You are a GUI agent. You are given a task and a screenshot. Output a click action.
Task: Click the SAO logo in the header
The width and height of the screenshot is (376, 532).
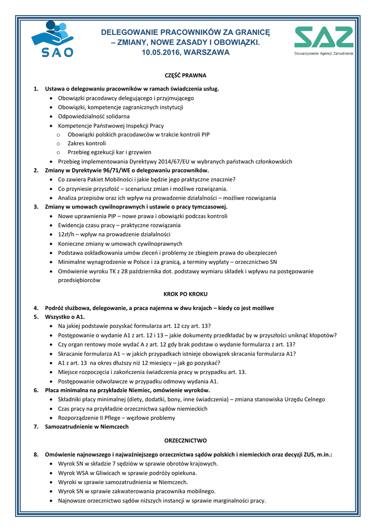click(52, 39)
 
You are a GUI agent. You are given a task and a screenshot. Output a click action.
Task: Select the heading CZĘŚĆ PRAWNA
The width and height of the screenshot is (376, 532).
click(185, 75)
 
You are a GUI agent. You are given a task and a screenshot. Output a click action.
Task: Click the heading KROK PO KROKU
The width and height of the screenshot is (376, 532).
click(185, 294)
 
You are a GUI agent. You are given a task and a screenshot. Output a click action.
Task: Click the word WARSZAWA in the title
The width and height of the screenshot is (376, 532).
click(206, 52)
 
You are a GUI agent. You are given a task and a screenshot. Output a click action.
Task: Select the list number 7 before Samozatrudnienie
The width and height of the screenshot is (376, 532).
click(36, 427)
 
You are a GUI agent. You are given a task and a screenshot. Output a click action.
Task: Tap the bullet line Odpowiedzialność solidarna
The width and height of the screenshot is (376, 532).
click(94, 116)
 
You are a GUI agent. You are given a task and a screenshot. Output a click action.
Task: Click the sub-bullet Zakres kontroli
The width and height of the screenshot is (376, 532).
click(87, 143)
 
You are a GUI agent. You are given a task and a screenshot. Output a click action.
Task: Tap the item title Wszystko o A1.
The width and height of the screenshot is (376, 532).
click(65, 316)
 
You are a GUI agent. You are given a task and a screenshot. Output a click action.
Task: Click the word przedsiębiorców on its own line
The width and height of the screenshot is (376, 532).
click(79, 280)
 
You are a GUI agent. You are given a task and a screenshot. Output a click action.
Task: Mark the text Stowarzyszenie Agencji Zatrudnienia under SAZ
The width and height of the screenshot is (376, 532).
click(324, 54)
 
